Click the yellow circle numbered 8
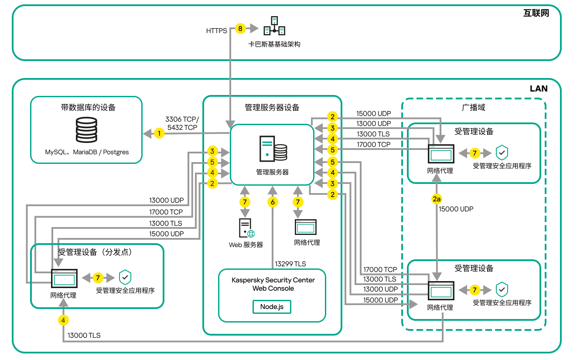pyautogui.click(x=240, y=29)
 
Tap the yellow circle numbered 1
pyautogui.click(x=160, y=133)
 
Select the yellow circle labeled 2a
pyautogui.click(x=437, y=199)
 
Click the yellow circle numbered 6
pyautogui.click(x=273, y=202)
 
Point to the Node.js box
pyautogui.click(x=272, y=307)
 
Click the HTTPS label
pyautogui.click(x=216, y=31)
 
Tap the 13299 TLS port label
pyautogui.click(x=290, y=264)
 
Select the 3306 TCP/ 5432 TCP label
pyautogui.click(x=182, y=123)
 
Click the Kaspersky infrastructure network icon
pyautogui.click(x=274, y=26)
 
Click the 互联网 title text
pyautogui.click(x=536, y=13)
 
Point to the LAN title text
pyautogui.click(x=539, y=88)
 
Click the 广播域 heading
pyautogui.click(x=473, y=107)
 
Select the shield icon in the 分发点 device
pyautogui.click(x=125, y=278)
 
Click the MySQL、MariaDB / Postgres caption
pyautogui.click(x=87, y=153)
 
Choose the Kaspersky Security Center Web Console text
pyautogui.click(x=273, y=284)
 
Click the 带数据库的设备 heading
pyautogui.click(x=88, y=107)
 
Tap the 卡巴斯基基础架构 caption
pyautogui.click(x=274, y=44)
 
